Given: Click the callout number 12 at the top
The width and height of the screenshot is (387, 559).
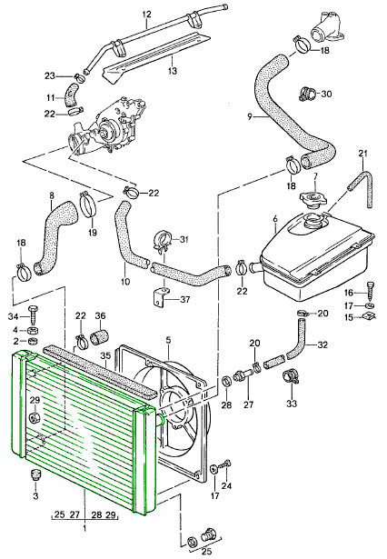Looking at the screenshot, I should (x=146, y=15).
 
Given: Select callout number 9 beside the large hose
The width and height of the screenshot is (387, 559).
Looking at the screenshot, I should (x=249, y=115).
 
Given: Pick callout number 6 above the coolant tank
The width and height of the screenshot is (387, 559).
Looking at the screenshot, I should (x=273, y=219).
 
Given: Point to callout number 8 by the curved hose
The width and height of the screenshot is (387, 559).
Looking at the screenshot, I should (x=52, y=195).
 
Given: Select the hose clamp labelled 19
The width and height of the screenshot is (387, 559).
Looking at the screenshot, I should (x=89, y=207).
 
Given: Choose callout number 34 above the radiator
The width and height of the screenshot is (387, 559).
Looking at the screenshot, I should (x=12, y=315).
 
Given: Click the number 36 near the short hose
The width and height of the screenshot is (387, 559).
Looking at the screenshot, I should (x=102, y=315).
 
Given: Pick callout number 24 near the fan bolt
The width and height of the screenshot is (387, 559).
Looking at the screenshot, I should (x=228, y=485).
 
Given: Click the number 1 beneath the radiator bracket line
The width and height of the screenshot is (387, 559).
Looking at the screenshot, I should (x=84, y=527).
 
